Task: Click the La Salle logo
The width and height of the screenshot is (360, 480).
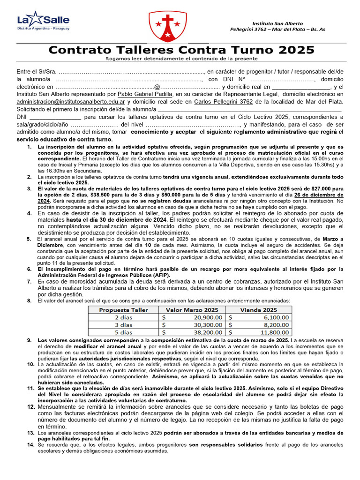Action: [43, 22]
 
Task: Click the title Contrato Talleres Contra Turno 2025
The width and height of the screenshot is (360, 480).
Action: [182, 50]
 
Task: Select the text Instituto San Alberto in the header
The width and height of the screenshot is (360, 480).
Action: [277, 23]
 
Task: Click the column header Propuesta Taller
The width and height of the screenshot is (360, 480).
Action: [123, 310]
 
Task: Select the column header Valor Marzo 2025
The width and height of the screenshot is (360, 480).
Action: [192, 310]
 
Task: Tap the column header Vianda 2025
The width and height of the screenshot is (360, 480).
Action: [258, 310]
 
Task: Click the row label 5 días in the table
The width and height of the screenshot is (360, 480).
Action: [123, 332]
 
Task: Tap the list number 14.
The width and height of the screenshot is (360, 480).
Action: [30, 444]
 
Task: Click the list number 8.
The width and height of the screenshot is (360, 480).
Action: [29, 300]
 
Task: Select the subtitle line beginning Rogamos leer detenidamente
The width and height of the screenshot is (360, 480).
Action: [181, 59]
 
